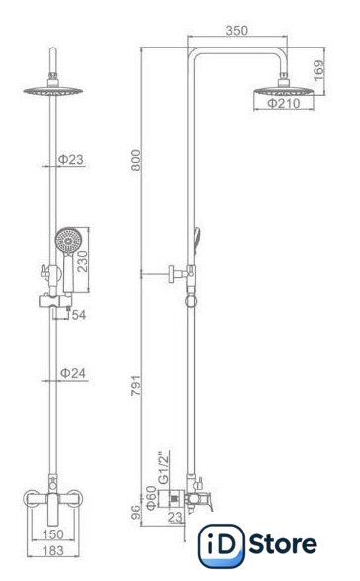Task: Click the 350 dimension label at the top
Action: click(x=237, y=31)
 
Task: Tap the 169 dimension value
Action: click(x=318, y=71)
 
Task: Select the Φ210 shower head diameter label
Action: click(x=284, y=103)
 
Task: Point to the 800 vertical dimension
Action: click(x=135, y=160)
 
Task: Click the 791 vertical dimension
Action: click(x=135, y=385)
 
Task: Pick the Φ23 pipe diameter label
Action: click(x=71, y=160)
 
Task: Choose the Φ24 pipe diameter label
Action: click(x=73, y=373)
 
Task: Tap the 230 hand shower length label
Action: click(x=82, y=261)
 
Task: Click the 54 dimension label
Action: click(x=79, y=315)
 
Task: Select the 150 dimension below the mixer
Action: click(x=53, y=534)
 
